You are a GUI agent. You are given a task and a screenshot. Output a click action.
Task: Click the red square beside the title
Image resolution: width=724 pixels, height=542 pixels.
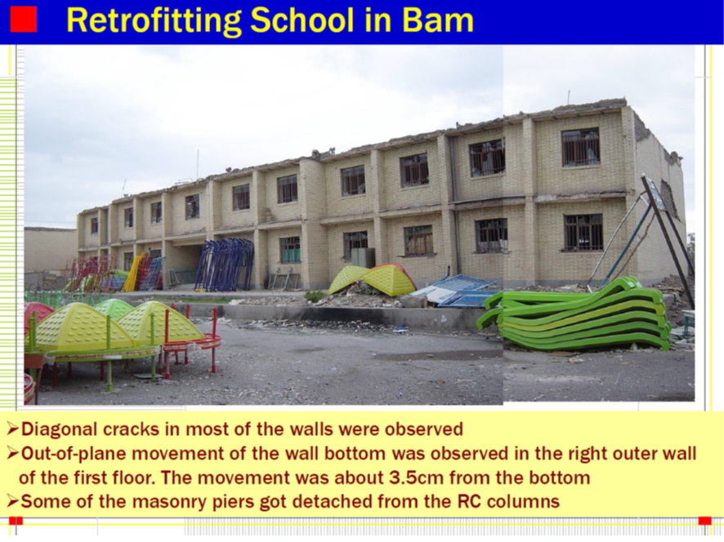coord(23,20)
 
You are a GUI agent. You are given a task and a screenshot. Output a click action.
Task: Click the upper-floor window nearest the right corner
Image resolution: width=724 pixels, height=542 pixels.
coord(580,147)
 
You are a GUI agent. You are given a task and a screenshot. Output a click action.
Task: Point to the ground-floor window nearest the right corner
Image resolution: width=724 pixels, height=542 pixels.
coord(583,233)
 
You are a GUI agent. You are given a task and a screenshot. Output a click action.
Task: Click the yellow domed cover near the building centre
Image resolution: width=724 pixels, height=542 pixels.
coord(372,279)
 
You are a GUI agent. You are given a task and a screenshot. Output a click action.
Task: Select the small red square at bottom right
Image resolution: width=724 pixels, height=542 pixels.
coord(704,521)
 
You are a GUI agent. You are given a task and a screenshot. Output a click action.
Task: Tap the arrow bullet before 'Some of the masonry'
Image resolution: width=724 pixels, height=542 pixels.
coord(13,501)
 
